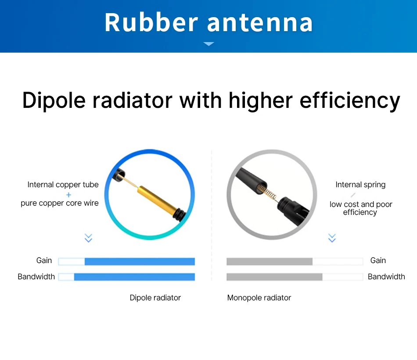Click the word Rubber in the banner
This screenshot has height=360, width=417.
151,22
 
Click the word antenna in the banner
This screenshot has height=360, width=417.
260,23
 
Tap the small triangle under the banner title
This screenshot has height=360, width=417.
209,43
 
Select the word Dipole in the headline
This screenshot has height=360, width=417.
54,100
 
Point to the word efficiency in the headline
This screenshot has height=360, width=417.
350,100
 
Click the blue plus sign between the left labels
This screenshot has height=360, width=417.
68,195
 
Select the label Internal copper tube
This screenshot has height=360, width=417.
63,184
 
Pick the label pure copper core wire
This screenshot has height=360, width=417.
60,203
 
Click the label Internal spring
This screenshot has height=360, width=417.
360,184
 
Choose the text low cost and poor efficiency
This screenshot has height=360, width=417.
361,208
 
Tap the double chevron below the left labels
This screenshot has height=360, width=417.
88,238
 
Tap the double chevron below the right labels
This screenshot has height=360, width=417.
332,238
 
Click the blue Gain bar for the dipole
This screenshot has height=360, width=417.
140,261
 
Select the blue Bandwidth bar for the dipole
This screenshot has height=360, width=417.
134,277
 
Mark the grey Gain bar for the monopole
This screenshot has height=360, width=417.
270,261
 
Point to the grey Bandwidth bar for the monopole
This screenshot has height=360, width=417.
274,277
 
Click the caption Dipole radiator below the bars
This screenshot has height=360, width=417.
155,298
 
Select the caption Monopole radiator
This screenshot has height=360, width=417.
259,298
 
